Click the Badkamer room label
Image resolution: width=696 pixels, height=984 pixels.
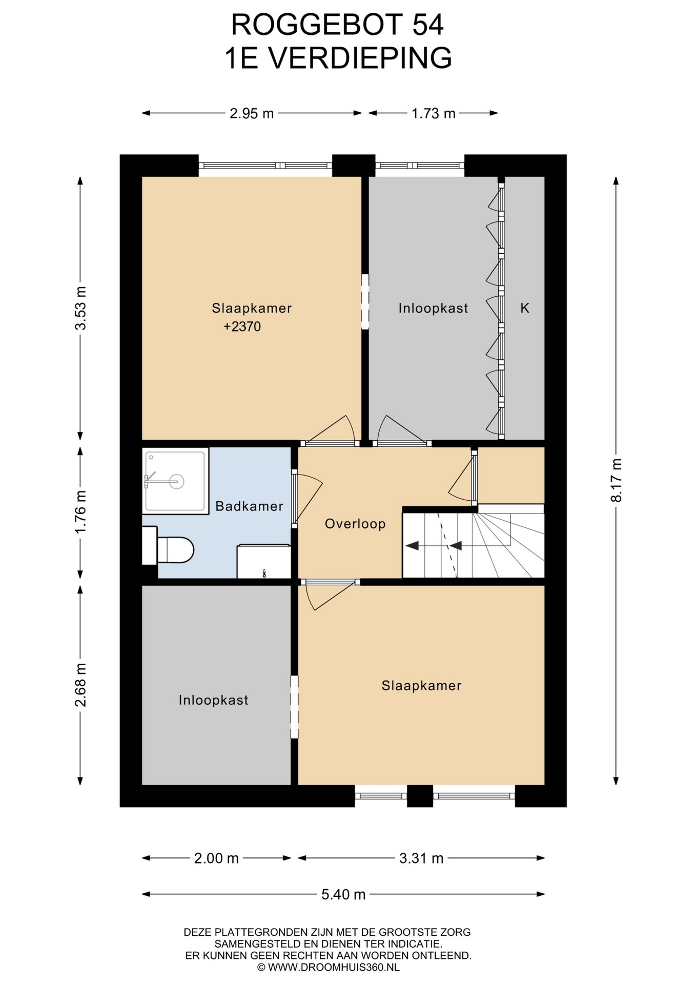tap(249, 506)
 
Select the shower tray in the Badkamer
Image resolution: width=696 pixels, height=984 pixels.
tap(175, 481)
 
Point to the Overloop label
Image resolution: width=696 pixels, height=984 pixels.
tap(355, 524)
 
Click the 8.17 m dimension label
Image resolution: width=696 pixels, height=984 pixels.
tap(617, 480)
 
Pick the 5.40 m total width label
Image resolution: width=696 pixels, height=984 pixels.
tap(343, 894)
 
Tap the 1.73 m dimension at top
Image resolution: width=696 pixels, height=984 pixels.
tap(434, 113)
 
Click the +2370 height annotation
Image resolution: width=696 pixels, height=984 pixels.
tap(242, 326)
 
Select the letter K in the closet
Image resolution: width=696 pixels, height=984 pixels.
tap(525, 308)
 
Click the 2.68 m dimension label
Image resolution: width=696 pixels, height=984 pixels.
tap(80, 685)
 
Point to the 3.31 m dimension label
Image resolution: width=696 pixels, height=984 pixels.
tap(421, 858)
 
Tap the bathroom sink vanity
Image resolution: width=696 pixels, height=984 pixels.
tap(263, 562)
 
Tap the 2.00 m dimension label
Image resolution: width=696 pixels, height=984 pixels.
tap(216, 858)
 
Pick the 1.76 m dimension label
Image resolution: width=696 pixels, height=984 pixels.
tap(80, 511)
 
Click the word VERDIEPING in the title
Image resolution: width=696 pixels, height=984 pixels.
tap(360, 58)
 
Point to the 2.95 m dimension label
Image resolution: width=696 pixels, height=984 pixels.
tap(252, 113)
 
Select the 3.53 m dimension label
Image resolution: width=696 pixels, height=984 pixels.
tap(80, 309)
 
